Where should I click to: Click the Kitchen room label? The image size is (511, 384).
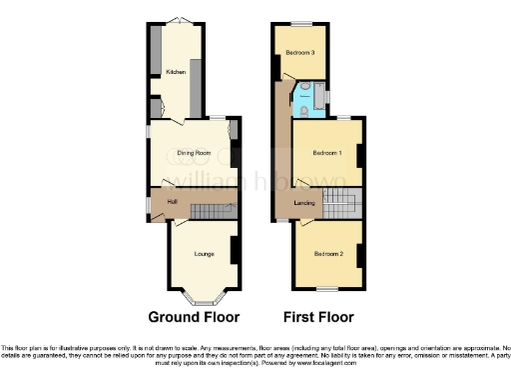pos(176,72)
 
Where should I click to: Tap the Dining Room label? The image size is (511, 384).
pos(194,152)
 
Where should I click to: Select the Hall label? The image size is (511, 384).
pos(172,203)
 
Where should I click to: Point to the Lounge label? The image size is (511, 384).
pos(204,254)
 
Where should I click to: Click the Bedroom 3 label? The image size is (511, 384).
pos(300,52)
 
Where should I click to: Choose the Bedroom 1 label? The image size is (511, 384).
pos(327,153)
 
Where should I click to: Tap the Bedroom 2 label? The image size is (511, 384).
pos(327,254)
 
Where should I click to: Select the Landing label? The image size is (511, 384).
pos(305,203)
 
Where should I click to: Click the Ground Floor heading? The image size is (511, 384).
pos(194,318)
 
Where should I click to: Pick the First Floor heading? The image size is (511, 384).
pos(319,318)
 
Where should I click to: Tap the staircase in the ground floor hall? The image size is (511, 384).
pos(211,210)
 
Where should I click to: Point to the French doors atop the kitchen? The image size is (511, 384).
pos(176,21)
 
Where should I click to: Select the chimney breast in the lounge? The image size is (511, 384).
pos(235,250)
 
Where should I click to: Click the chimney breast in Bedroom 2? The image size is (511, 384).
pos(358,255)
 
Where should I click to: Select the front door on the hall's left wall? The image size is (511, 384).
pos(150,205)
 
